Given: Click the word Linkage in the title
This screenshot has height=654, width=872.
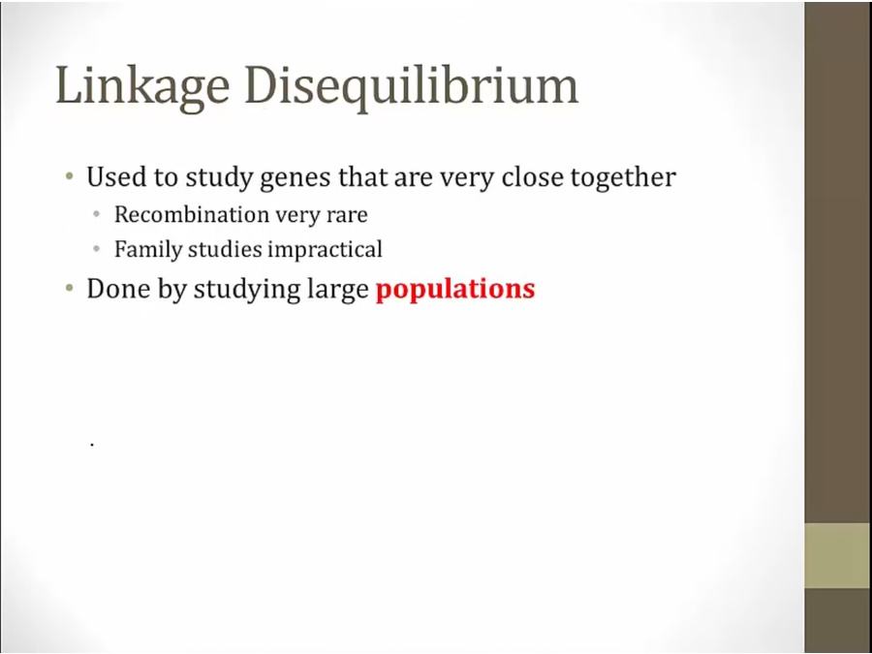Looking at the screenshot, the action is coord(142,87).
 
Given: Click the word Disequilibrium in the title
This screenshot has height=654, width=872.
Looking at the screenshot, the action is coord(412,87).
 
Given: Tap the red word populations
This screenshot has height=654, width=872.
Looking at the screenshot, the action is coord(455,290).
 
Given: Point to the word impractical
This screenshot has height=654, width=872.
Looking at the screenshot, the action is coord(325,250).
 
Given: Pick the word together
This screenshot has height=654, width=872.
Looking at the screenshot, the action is coord(623,178).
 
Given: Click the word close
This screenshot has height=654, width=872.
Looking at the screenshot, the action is coord(533,177).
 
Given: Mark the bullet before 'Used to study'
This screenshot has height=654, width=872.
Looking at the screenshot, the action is coord(69,177).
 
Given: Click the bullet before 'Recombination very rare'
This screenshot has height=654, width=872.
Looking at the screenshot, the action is coord(97,214).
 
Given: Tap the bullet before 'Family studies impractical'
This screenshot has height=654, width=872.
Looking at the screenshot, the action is coord(97,249).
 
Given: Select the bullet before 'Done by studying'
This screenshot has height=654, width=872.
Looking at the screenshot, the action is coord(69,289).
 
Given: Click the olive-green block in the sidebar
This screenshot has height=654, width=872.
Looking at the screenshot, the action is coord(838,555).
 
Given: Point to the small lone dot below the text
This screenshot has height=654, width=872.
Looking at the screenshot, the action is coord(92,445).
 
